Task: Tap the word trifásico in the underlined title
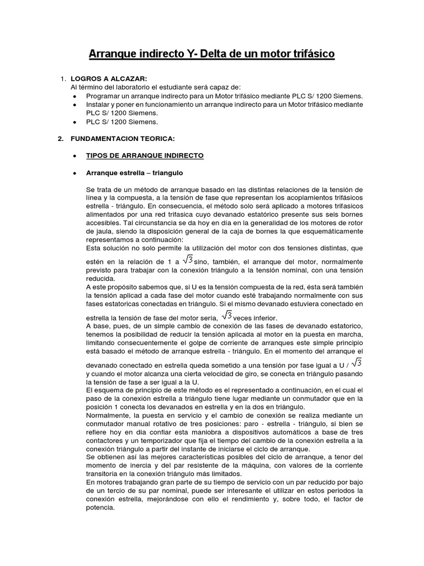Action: point(309,55)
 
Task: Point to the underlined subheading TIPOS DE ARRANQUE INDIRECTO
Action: point(145,155)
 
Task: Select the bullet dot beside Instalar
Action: point(75,104)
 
